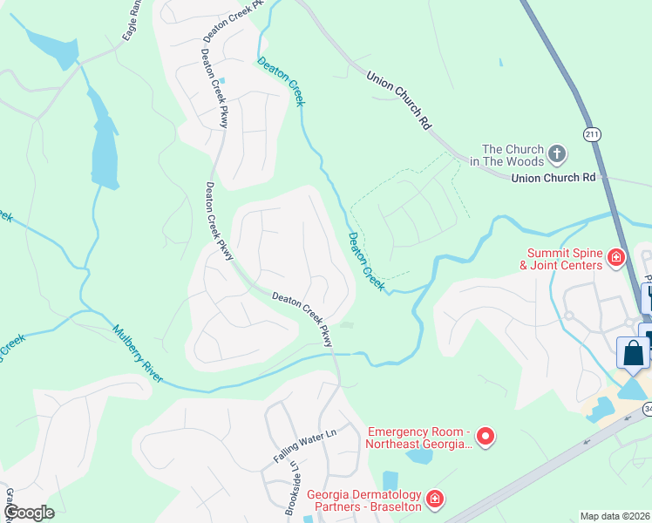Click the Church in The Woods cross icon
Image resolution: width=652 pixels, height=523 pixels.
557,156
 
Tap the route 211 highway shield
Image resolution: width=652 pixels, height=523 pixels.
592,133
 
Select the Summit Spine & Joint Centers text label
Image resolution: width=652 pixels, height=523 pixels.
560,259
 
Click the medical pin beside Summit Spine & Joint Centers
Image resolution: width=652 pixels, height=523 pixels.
616,258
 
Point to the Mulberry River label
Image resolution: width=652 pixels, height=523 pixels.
138,352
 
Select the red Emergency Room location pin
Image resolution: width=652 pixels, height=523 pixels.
487,437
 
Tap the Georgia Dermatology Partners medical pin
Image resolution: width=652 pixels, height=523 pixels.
433,500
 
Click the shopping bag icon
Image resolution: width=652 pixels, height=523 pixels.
632,353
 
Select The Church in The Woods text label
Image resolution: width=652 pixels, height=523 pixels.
513,156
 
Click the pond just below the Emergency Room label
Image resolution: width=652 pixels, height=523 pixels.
419,456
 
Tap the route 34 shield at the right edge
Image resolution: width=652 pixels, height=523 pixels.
647,409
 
